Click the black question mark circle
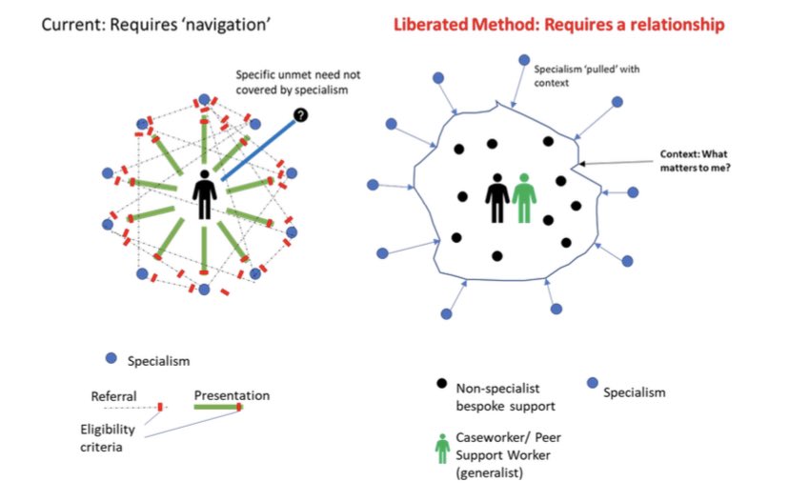(301, 115)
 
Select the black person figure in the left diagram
(204, 196)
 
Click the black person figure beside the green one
(497, 196)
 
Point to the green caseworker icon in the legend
(440, 449)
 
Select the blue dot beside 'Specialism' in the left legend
(111, 358)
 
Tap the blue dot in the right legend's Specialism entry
(592, 384)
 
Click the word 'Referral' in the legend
(113, 395)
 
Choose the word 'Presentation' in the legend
(232, 394)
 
